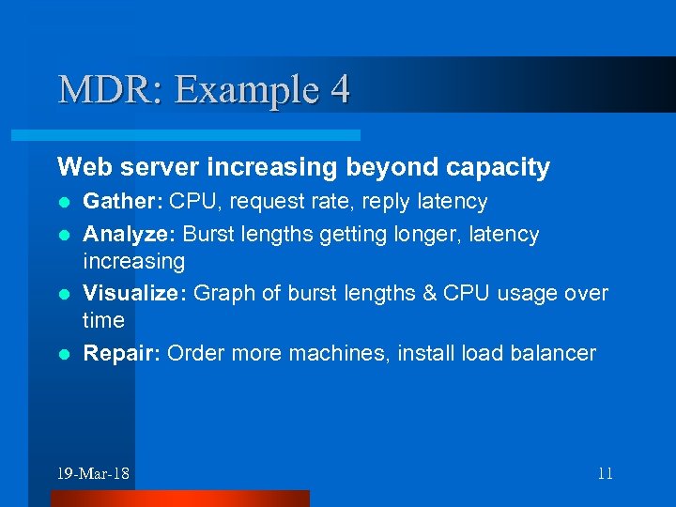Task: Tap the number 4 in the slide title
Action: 340,90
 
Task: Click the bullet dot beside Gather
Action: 63,202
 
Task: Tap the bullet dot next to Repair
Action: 63,354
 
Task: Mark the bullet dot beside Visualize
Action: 63,294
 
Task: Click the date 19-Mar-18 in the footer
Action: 93,473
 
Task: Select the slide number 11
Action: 605,473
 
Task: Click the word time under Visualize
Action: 103,320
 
